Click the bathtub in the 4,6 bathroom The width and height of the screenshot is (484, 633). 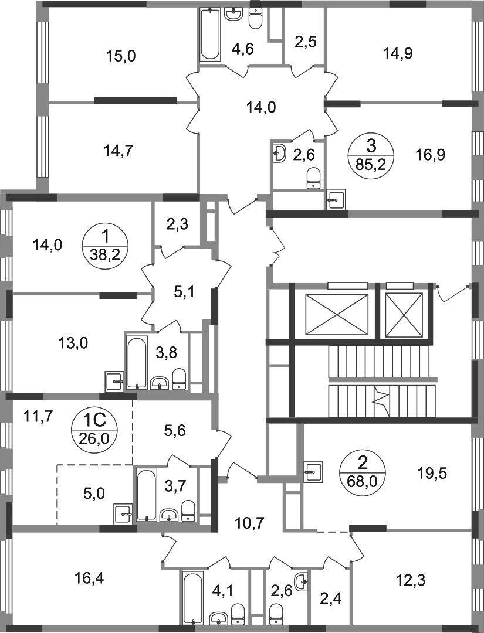[x=210, y=35]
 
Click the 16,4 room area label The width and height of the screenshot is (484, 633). [x=89, y=578]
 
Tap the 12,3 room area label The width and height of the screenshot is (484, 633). [x=411, y=580]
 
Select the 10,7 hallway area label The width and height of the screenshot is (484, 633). [x=250, y=523]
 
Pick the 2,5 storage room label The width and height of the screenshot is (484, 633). [x=305, y=42]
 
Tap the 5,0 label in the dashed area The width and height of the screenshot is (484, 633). [x=94, y=493]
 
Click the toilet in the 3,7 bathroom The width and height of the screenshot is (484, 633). [x=188, y=511]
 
